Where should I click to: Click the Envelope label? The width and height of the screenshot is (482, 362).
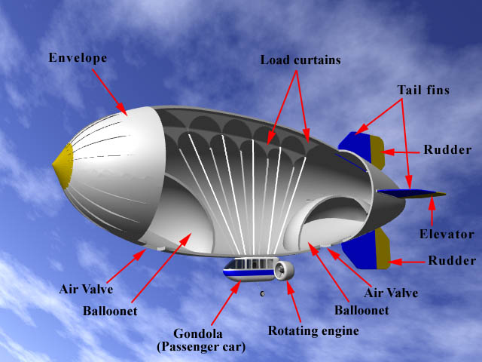coord(78,57)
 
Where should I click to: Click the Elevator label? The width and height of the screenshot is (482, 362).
coord(447,234)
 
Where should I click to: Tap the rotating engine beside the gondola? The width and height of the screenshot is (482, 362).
coord(284,269)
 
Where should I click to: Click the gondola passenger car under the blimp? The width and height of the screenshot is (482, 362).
coord(249,268)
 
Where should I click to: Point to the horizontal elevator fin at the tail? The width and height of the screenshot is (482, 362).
coord(410,194)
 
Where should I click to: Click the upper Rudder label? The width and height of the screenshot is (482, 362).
coord(447,149)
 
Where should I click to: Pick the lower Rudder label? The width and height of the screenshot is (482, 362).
coord(452,261)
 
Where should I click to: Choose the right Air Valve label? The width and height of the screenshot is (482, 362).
coord(390,293)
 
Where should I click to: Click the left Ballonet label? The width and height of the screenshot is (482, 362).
coord(110,310)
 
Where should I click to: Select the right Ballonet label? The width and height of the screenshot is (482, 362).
coord(362,309)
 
